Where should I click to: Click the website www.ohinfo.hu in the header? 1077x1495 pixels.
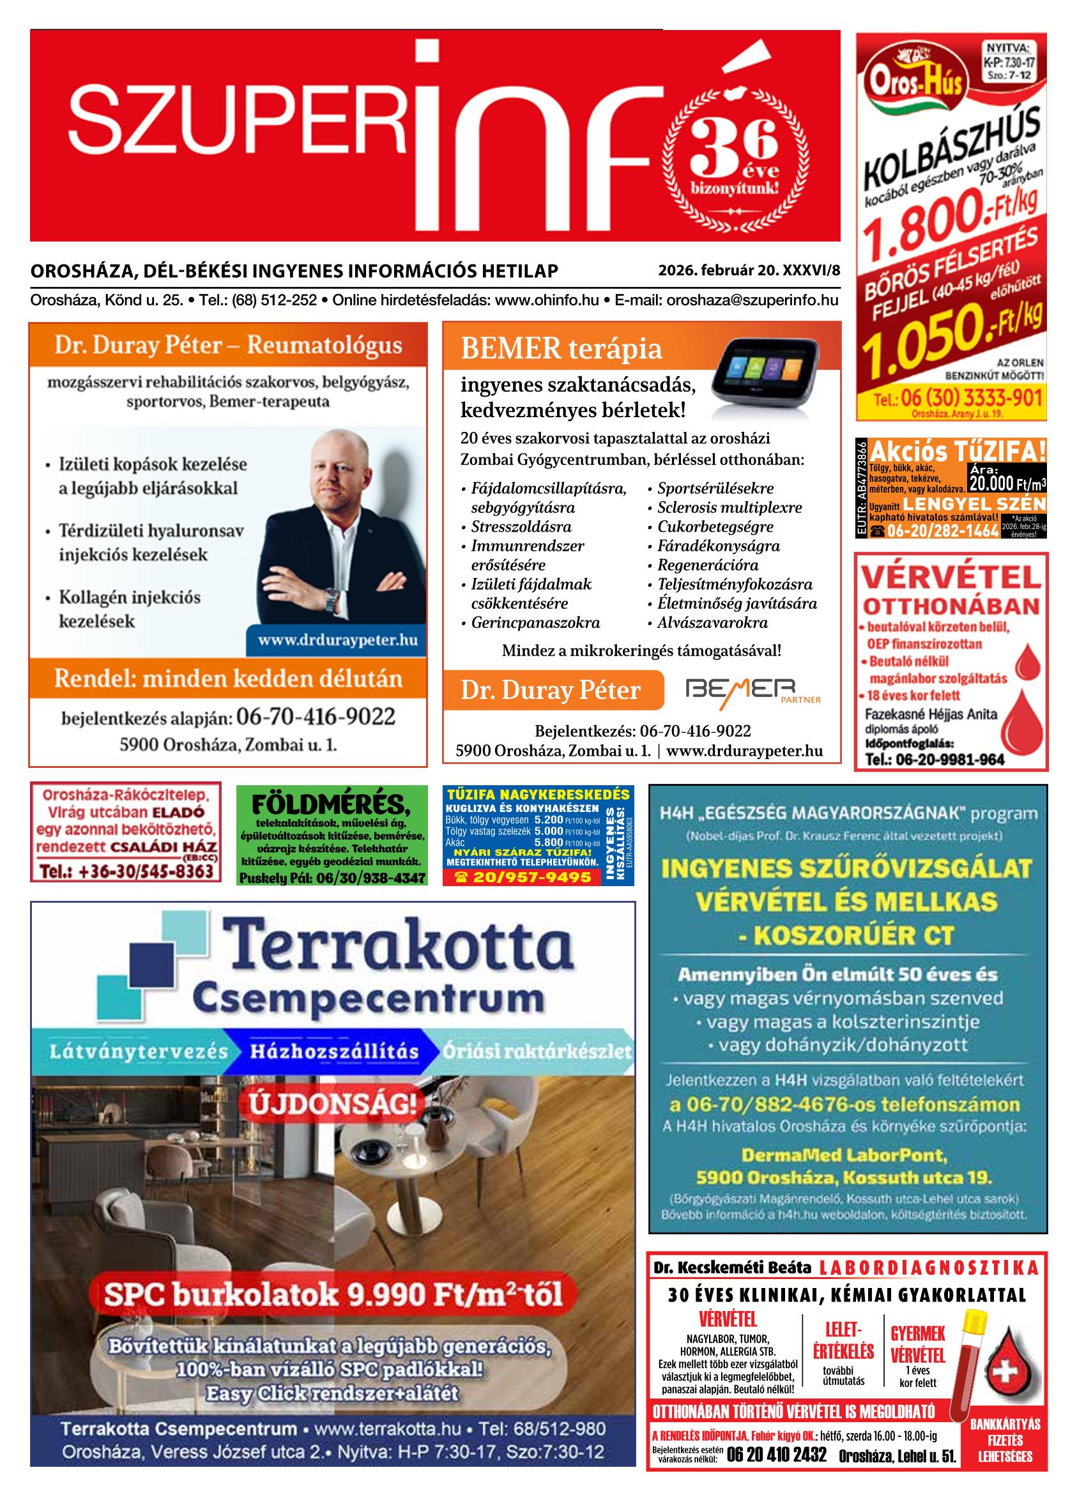546,300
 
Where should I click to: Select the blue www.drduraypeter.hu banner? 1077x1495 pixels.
337,640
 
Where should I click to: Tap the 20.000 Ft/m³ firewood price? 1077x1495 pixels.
1007,484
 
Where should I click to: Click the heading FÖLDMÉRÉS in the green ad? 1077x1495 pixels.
331,806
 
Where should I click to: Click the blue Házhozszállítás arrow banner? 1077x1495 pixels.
333,1051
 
